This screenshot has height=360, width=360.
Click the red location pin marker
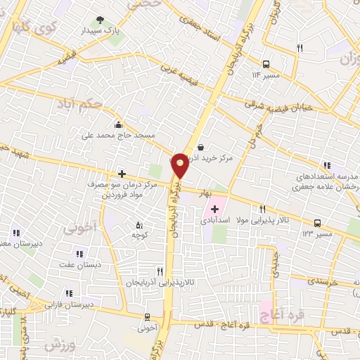point(181,165)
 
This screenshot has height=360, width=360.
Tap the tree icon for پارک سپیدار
point(99,20)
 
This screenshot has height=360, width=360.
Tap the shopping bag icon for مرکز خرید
point(202,147)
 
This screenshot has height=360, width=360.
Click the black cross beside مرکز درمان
point(122,172)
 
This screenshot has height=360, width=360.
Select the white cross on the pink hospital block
point(214,209)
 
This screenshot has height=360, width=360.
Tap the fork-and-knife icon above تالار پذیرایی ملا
point(263,208)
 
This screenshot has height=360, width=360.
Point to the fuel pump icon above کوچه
point(139,226)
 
